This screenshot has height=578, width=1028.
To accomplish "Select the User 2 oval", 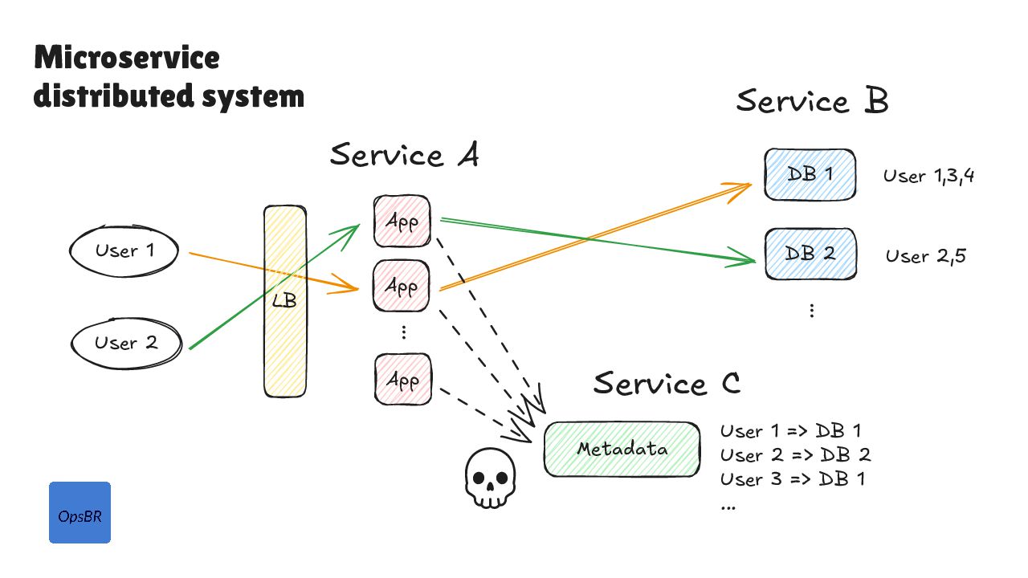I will [x=125, y=344].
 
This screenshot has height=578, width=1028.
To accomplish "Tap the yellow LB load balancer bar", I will [x=285, y=302].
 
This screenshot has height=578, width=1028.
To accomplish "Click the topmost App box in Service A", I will [x=402, y=222].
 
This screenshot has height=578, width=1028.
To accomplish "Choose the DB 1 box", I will [x=809, y=174].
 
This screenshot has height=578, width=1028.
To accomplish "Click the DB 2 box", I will [x=809, y=254].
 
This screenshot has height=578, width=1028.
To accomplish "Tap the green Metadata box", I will [x=622, y=449].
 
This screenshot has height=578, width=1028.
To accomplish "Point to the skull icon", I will [x=488, y=479].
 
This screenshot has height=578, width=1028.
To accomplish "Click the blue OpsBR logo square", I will [x=80, y=513].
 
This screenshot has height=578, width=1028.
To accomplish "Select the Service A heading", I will [x=404, y=155].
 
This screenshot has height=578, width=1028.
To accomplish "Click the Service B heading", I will [x=812, y=102].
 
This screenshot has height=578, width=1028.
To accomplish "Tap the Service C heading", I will [x=667, y=383].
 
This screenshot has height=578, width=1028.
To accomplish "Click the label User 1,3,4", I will [x=928, y=177].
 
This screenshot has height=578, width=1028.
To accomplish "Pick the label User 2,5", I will [x=925, y=256].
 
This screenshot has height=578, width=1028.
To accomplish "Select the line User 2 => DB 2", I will [x=795, y=455].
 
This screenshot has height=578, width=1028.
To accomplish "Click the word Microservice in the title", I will [x=126, y=59].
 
